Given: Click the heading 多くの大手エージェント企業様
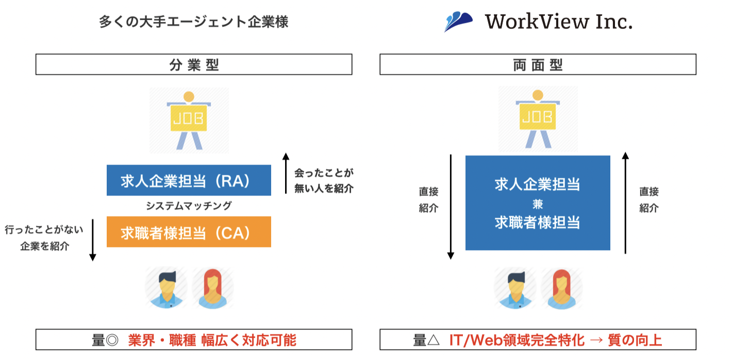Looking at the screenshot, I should (193, 22).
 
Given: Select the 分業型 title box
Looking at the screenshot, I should (194, 65).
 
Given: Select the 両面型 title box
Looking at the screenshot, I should (538, 65).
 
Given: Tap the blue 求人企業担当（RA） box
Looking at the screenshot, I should (189, 181).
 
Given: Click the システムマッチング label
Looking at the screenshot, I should (189, 206).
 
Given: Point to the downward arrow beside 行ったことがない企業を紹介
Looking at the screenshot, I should (93, 240).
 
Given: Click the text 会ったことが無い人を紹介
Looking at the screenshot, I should (324, 181).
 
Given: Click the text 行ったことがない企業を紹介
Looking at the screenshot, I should (44, 237).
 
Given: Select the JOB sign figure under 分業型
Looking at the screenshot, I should (189, 120).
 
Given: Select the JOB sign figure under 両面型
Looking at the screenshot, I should (538, 120).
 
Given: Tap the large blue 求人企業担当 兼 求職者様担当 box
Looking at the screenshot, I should (538, 203).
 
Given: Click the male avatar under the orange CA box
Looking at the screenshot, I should (165, 289).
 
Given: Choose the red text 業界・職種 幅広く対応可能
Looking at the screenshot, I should (212, 340).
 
